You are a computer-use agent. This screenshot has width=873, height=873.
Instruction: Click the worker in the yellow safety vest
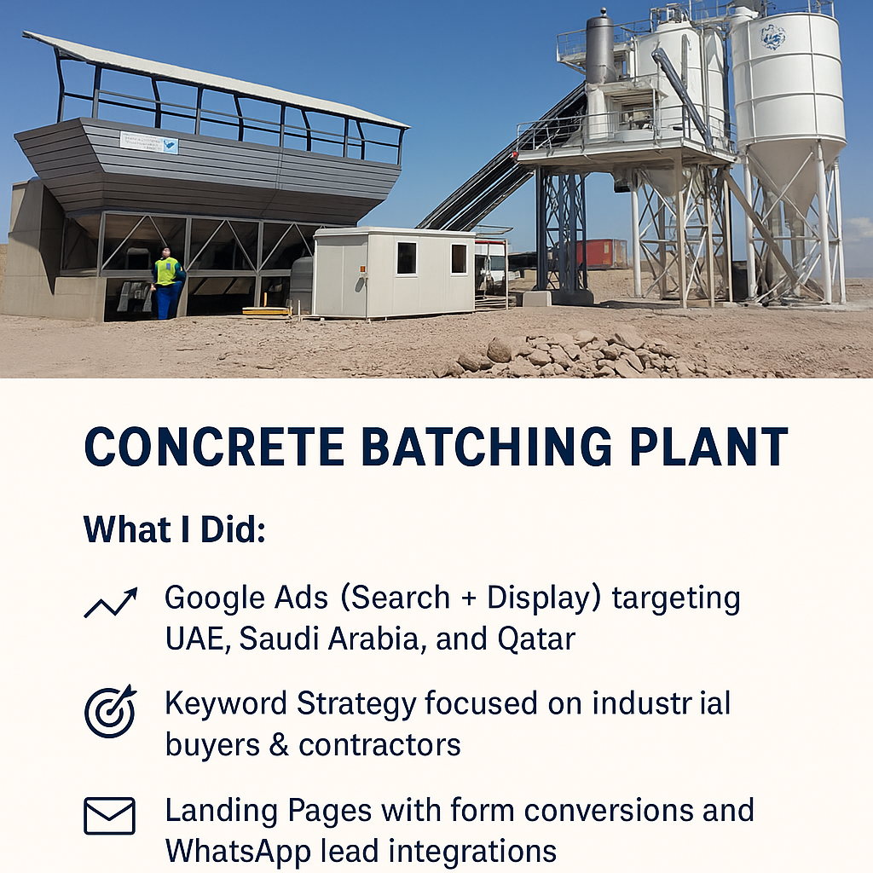point(168,283)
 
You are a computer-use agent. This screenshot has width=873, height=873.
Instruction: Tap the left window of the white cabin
point(407,257)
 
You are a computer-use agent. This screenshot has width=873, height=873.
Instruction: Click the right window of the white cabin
point(459,258)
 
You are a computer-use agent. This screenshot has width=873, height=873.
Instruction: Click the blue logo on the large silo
point(773,38)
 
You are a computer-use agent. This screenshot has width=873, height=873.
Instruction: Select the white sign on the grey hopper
point(149,143)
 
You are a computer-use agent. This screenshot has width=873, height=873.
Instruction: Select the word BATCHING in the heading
point(487,447)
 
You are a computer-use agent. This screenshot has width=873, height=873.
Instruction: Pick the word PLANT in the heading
point(709,447)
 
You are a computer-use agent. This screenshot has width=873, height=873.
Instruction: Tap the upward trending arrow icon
point(111,603)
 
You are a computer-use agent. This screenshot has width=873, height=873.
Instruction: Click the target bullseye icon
point(111,711)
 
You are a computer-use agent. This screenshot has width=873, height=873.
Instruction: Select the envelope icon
point(110,816)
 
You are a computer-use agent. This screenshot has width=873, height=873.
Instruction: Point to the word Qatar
point(537,639)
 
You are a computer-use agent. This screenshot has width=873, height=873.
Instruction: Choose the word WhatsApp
point(238,852)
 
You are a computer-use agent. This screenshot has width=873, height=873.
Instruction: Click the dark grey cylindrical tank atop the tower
point(599,48)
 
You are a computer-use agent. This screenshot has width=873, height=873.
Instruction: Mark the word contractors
point(379,746)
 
